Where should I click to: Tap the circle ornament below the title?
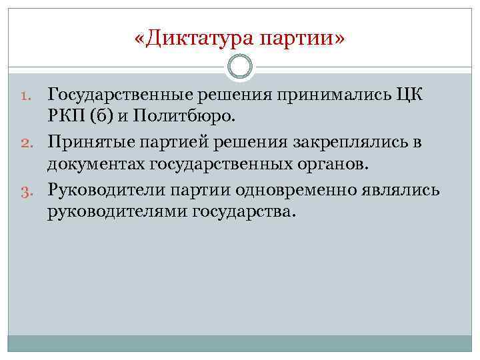240,67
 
